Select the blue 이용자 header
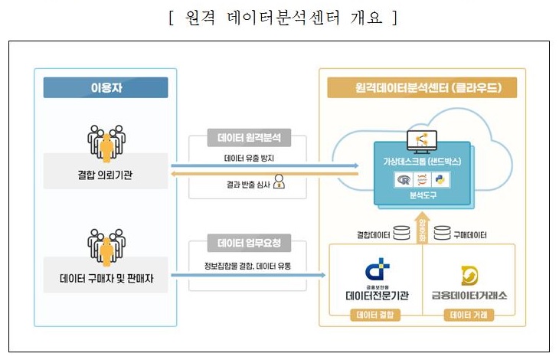(105, 87)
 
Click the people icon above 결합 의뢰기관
(104, 139)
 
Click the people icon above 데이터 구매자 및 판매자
(104, 241)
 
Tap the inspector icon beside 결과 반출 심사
(279, 182)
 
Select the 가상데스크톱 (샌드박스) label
(422, 162)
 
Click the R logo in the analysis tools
(400, 181)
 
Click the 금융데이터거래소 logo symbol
(469, 274)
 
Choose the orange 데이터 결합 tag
(375, 314)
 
